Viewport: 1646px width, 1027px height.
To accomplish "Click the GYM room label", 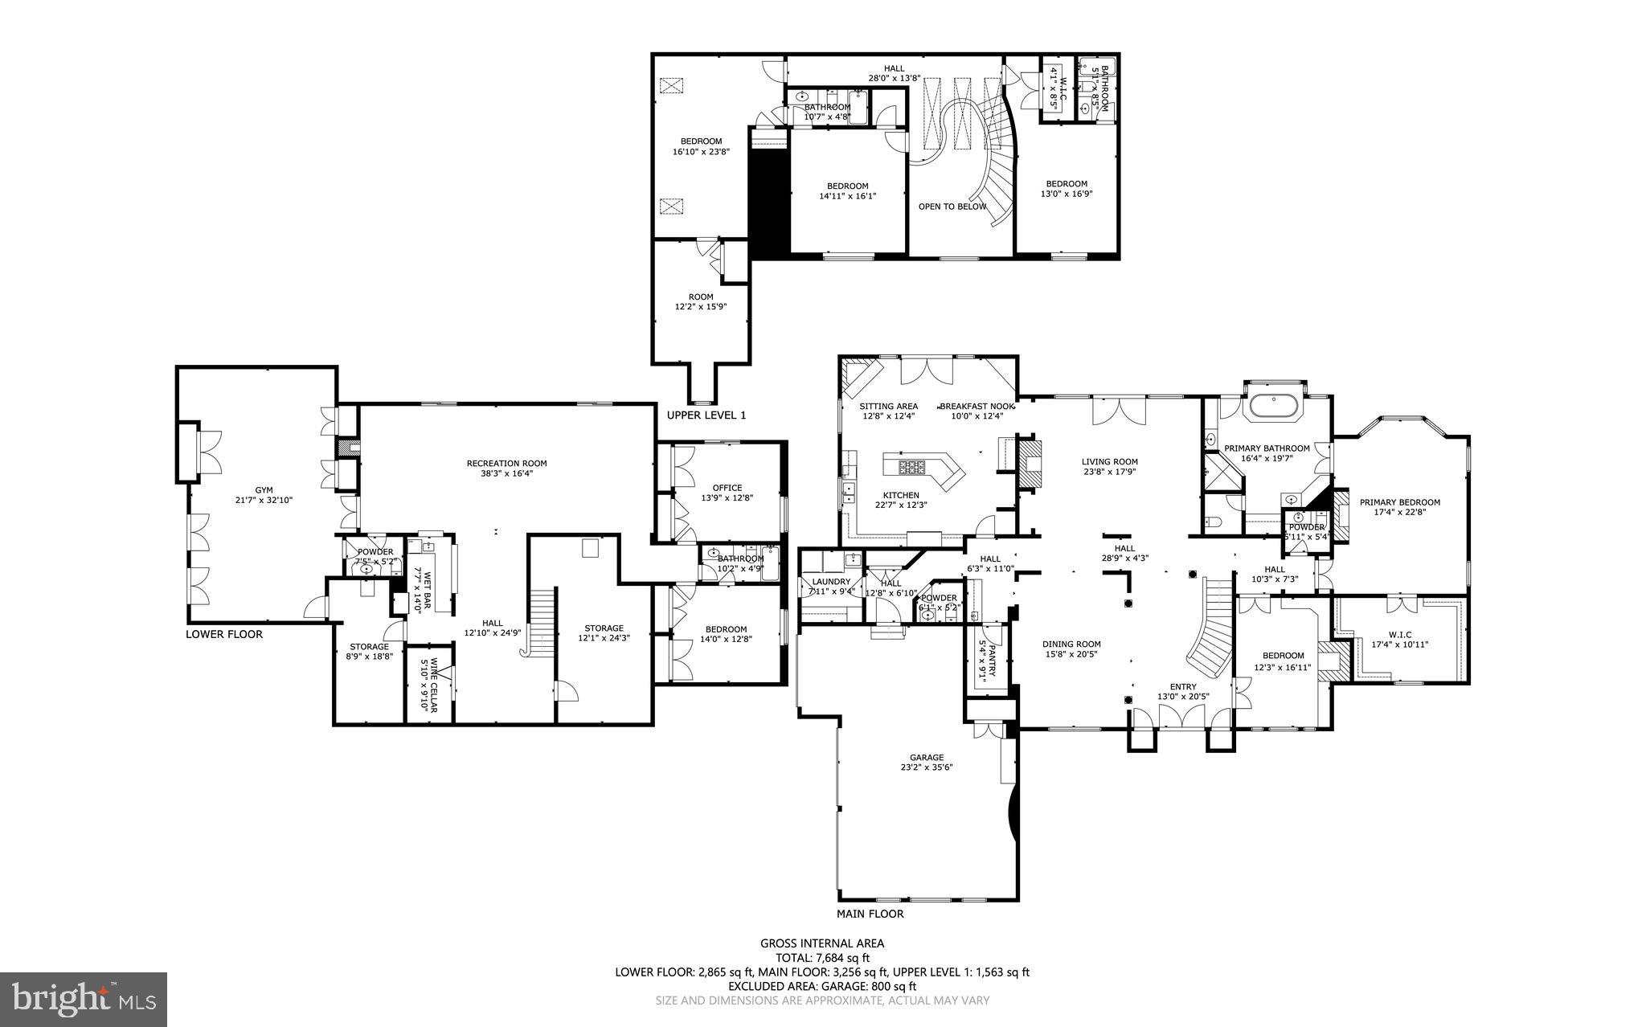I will (264, 489).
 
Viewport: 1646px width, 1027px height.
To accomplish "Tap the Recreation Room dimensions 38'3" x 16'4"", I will (506, 474).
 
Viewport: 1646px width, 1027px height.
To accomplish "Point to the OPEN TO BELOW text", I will (952, 207).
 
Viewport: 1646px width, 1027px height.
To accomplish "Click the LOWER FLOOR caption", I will (224, 634).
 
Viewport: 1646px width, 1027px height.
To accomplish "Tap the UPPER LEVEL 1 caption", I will (706, 415).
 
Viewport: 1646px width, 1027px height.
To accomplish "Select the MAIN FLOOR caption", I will (870, 914).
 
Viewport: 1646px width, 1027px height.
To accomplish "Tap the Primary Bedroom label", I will (1399, 502).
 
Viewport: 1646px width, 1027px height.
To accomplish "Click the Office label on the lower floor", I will (727, 488).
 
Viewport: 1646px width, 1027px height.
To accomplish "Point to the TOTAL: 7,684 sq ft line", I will (822, 958).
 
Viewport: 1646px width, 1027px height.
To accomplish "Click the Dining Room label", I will (1071, 644).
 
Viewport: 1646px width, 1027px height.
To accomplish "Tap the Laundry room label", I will (831, 582).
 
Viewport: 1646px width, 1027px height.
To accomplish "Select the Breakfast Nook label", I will (977, 407).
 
